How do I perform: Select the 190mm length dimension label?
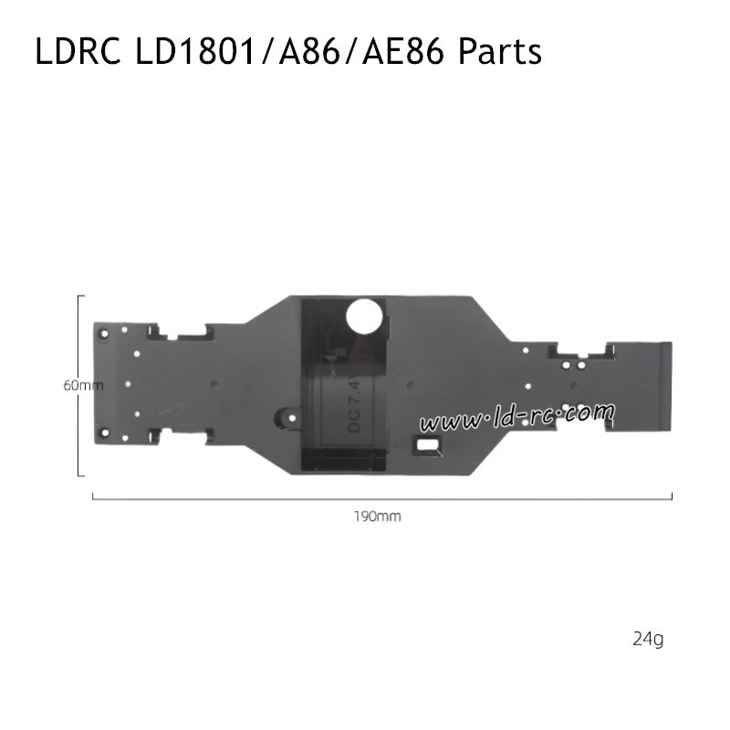tap(378, 516)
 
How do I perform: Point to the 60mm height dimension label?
tap(83, 385)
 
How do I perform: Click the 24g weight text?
tap(647, 639)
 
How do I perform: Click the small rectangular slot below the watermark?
tap(427, 445)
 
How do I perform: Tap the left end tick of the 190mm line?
tap(93, 496)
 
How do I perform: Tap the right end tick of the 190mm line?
tap(672, 496)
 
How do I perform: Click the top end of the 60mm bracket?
tap(81, 296)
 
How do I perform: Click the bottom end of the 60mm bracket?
tap(81, 475)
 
